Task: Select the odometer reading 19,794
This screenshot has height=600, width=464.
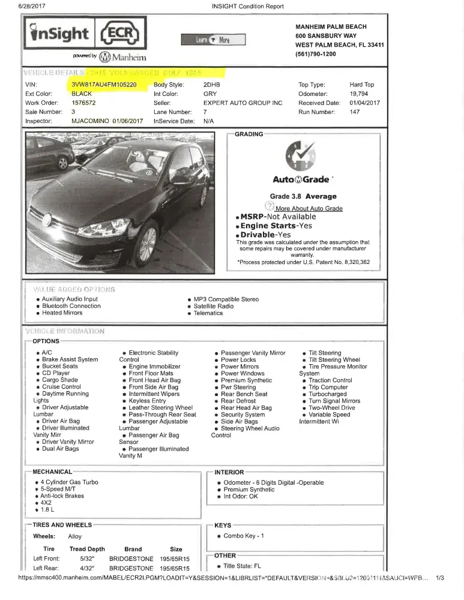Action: tap(359, 94)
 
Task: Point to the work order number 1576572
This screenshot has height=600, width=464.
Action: tap(84, 103)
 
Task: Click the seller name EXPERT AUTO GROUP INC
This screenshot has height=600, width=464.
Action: tap(243, 103)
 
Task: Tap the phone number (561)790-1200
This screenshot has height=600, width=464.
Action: tap(316, 54)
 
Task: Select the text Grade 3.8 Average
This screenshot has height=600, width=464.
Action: tap(303, 196)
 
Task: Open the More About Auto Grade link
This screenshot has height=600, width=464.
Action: tap(309, 208)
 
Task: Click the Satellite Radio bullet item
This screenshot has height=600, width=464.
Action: tap(213, 306)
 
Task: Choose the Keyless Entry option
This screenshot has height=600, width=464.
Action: tap(147, 401)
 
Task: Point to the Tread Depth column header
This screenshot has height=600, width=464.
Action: tap(87, 549)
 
